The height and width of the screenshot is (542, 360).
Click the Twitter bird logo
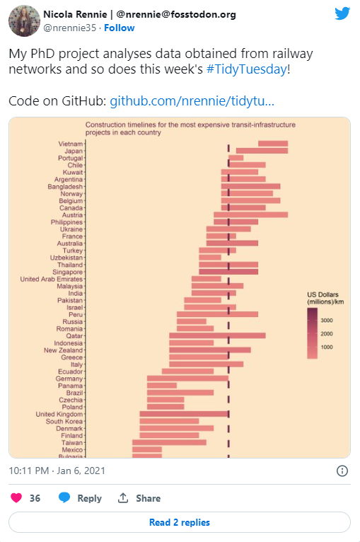point(342,13)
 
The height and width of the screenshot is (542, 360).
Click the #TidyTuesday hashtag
point(247,69)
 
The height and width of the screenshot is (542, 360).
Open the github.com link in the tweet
point(191,100)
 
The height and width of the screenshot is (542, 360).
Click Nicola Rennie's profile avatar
point(23,21)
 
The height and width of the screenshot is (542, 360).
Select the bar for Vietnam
point(273,144)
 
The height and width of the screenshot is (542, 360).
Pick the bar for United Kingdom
point(184,414)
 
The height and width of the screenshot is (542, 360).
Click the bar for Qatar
point(217,335)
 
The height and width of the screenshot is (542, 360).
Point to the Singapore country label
point(68,272)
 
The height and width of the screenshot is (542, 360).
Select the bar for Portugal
point(236,158)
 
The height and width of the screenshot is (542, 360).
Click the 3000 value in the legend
point(327,321)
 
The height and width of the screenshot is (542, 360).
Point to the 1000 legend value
point(327,347)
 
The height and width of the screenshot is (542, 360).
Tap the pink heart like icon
point(16,498)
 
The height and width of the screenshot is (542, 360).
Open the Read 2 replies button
point(180,522)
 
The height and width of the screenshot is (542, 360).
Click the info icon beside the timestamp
point(342,471)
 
